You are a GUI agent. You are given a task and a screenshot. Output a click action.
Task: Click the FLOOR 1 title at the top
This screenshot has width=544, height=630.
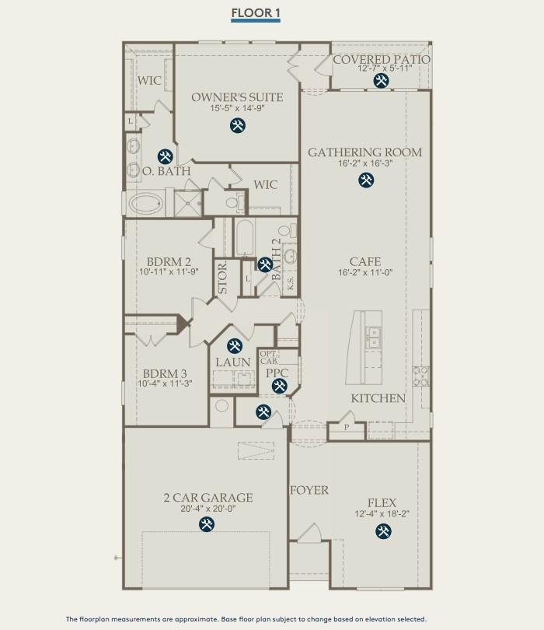click(x=255, y=13)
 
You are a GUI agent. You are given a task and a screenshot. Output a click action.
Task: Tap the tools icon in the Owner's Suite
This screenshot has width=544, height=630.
click(x=236, y=126)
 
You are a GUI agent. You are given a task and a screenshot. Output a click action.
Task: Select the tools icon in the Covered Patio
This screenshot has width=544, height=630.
click(x=381, y=81)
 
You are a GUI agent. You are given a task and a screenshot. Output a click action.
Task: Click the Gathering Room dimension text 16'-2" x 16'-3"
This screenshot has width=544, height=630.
click(x=364, y=164)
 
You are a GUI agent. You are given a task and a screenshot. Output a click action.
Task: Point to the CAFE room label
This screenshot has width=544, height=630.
click(x=364, y=262)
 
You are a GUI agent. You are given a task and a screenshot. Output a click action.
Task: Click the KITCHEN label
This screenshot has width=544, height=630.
click(x=378, y=398)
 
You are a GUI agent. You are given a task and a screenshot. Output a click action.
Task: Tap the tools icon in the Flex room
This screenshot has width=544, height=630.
click(x=383, y=532)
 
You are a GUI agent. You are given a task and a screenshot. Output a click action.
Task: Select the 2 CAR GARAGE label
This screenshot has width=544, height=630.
click(x=207, y=498)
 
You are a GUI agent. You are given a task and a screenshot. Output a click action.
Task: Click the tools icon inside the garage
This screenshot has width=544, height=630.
click(x=207, y=526)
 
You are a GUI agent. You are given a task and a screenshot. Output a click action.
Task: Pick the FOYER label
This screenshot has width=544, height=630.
click(x=309, y=490)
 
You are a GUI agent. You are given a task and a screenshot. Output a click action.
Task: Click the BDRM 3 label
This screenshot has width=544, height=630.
click(x=165, y=373)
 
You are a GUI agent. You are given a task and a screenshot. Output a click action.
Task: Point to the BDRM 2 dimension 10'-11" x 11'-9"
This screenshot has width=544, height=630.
click(x=165, y=273)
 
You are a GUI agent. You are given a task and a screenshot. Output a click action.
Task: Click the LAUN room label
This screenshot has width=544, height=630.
click(x=233, y=362)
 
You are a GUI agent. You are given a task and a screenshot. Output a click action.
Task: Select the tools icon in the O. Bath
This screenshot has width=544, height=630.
click(x=164, y=156)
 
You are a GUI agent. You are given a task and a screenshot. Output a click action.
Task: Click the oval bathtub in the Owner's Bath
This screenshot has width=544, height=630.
click(x=148, y=205)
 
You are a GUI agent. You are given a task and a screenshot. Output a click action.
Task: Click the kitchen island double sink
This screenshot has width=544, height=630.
click(x=375, y=336)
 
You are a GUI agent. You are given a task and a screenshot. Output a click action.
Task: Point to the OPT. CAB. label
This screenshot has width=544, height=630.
click(x=268, y=357)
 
